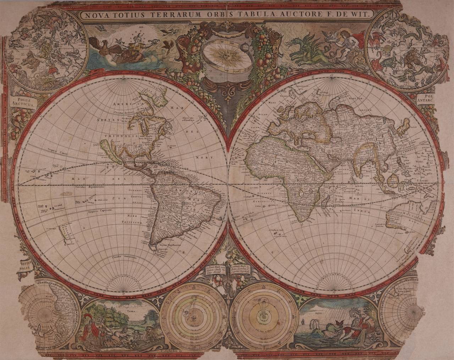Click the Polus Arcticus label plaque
point(22,102)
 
